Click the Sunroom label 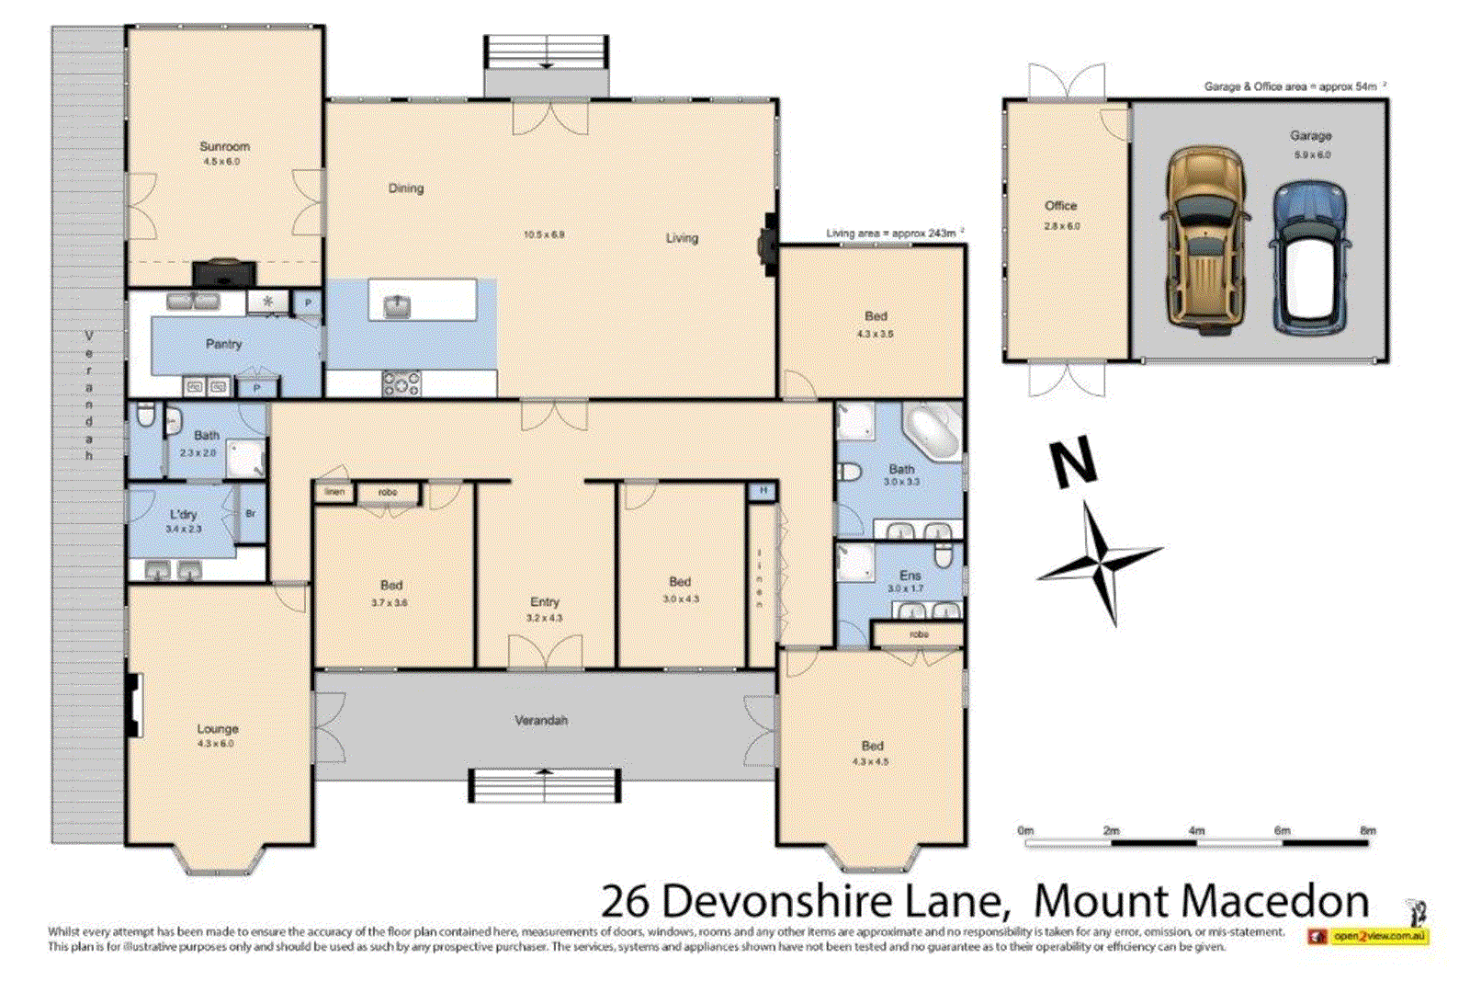pos(224,146)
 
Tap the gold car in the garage pos(1205,240)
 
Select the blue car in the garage pos(1310,257)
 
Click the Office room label pos(1060,206)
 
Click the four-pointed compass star pos(1101,558)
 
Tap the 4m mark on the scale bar pos(1196,831)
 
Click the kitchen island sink pos(397,305)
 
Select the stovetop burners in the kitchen pos(401,383)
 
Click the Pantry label pos(223,344)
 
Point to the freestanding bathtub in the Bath pos(932,433)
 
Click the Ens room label pos(910,575)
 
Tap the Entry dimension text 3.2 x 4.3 pos(544,618)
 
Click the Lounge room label pos(217,728)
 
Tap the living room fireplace pos(767,245)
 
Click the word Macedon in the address pos(1201,901)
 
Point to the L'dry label pos(183,515)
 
